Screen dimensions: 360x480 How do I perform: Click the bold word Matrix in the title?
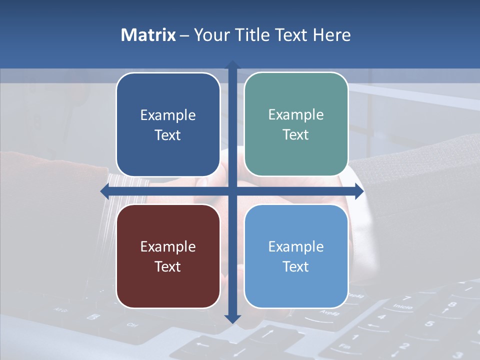pyautogui.click(x=148, y=35)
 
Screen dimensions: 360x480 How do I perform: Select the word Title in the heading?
pyautogui.click(x=255, y=35)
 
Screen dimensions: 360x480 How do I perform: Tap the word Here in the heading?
pyautogui.click(x=331, y=35)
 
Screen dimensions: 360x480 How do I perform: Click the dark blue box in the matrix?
pyautogui.click(x=168, y=125)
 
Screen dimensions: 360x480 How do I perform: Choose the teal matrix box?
pyautogui.click(x=296, y=125)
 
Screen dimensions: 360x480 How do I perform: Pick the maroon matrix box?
pyautogui.click(x=168, y=256)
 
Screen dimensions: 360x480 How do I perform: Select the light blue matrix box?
pyautogui.click(x=296, y=256)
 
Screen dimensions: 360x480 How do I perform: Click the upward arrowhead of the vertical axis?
pyautogui.click(x=232, y=65)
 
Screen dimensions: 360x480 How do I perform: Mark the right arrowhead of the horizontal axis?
pyautogui.click(x=359, y=190)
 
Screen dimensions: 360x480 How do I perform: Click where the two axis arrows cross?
pyautogui.click(x=232, y=190)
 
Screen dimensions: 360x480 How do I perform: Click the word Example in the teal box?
pyautogui.click(x=296, y=114)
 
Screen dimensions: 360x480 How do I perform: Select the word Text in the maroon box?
pyautogui.click(x=168, y=266)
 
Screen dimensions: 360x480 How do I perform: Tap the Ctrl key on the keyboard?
pyautogui.click(x=132, y=325)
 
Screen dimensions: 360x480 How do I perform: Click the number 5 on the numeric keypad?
pyautogui.click(x=429, y=323)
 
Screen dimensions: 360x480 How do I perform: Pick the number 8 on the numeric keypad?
pyautogui.click(x=452, y=304)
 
